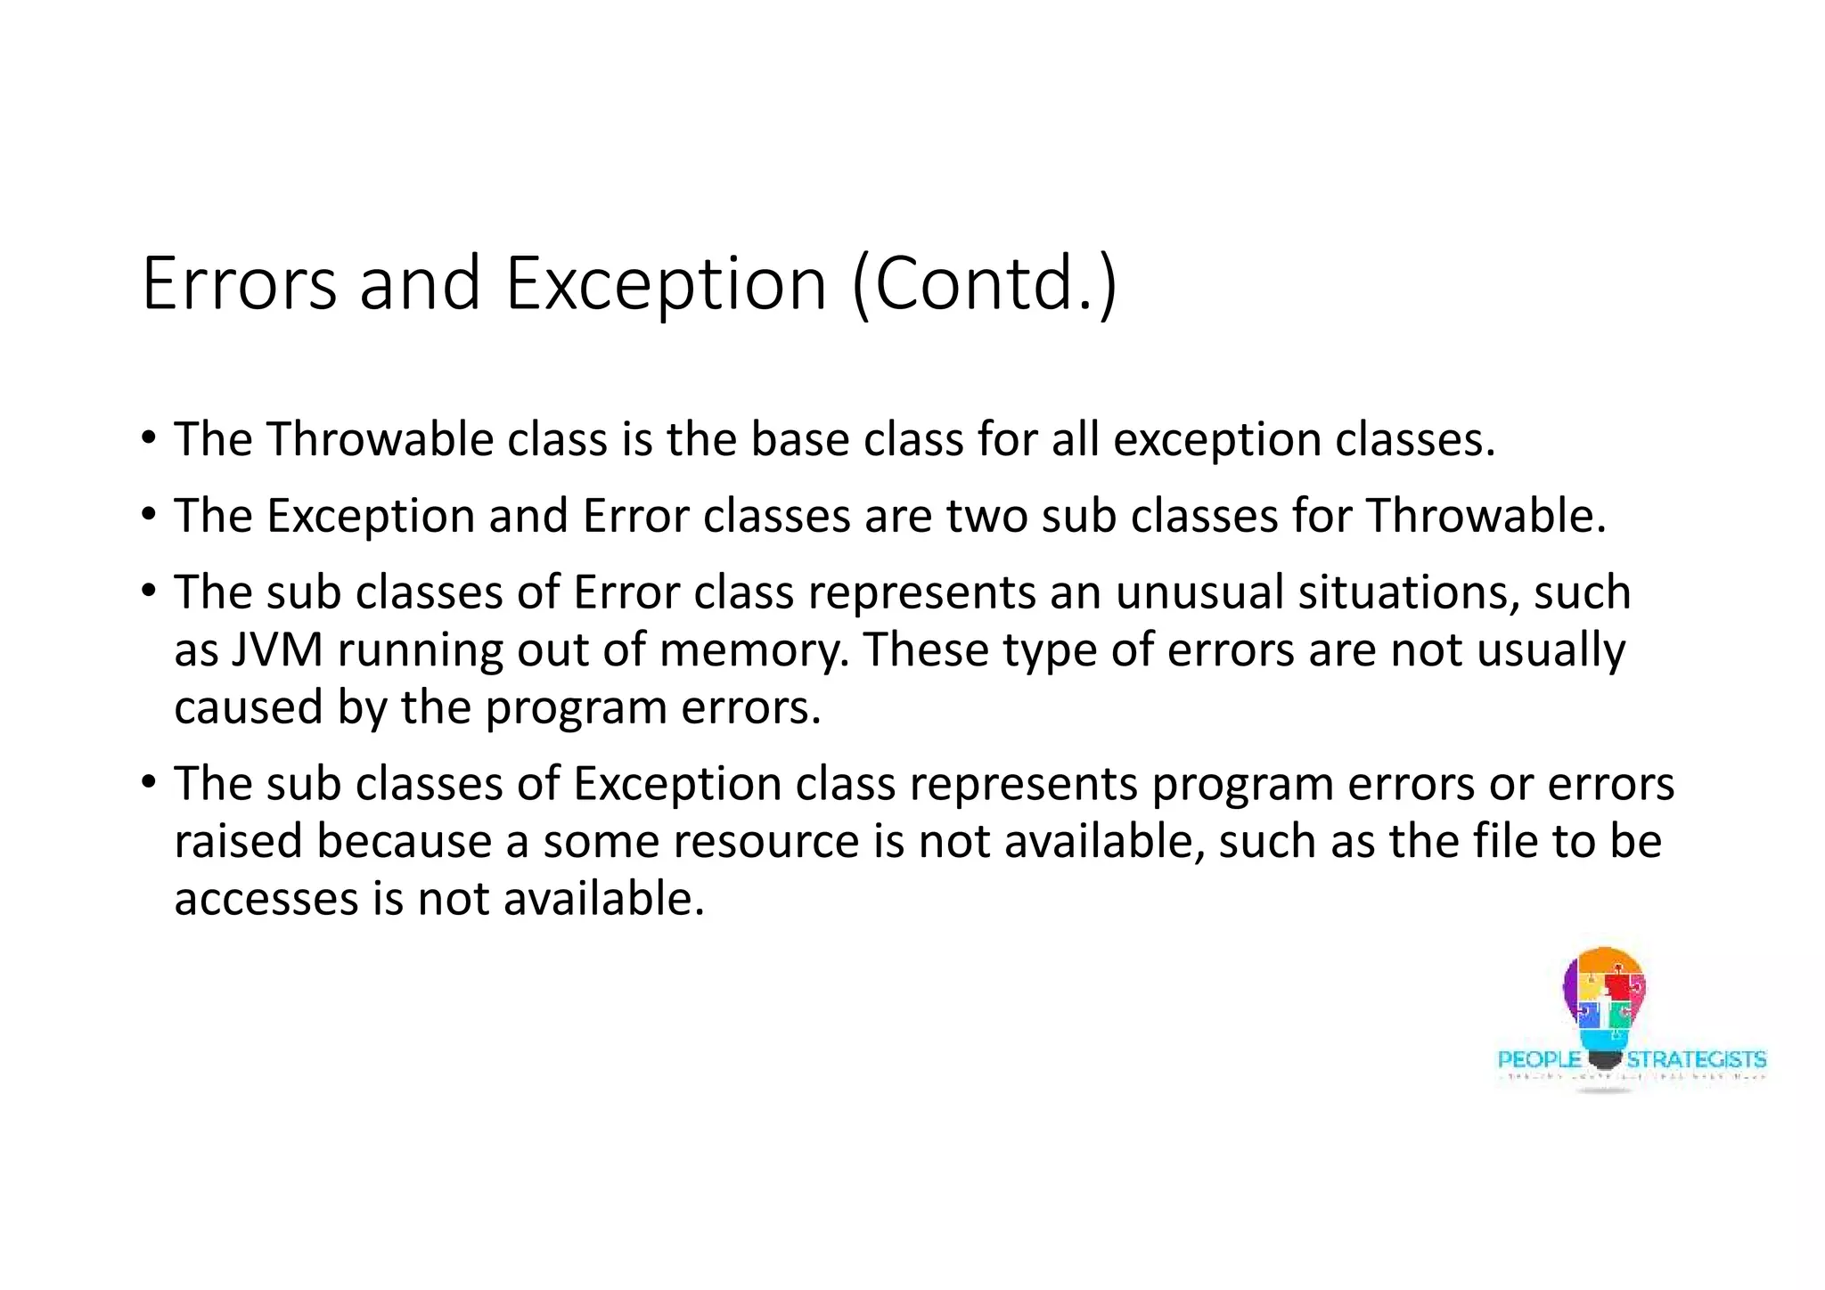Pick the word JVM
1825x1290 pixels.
(x=276, y=649)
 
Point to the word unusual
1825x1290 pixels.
(x=1199, y=592)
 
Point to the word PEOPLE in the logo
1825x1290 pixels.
(x=1538, y=1059)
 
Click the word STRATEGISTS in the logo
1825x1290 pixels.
(x=1696, y=1059)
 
